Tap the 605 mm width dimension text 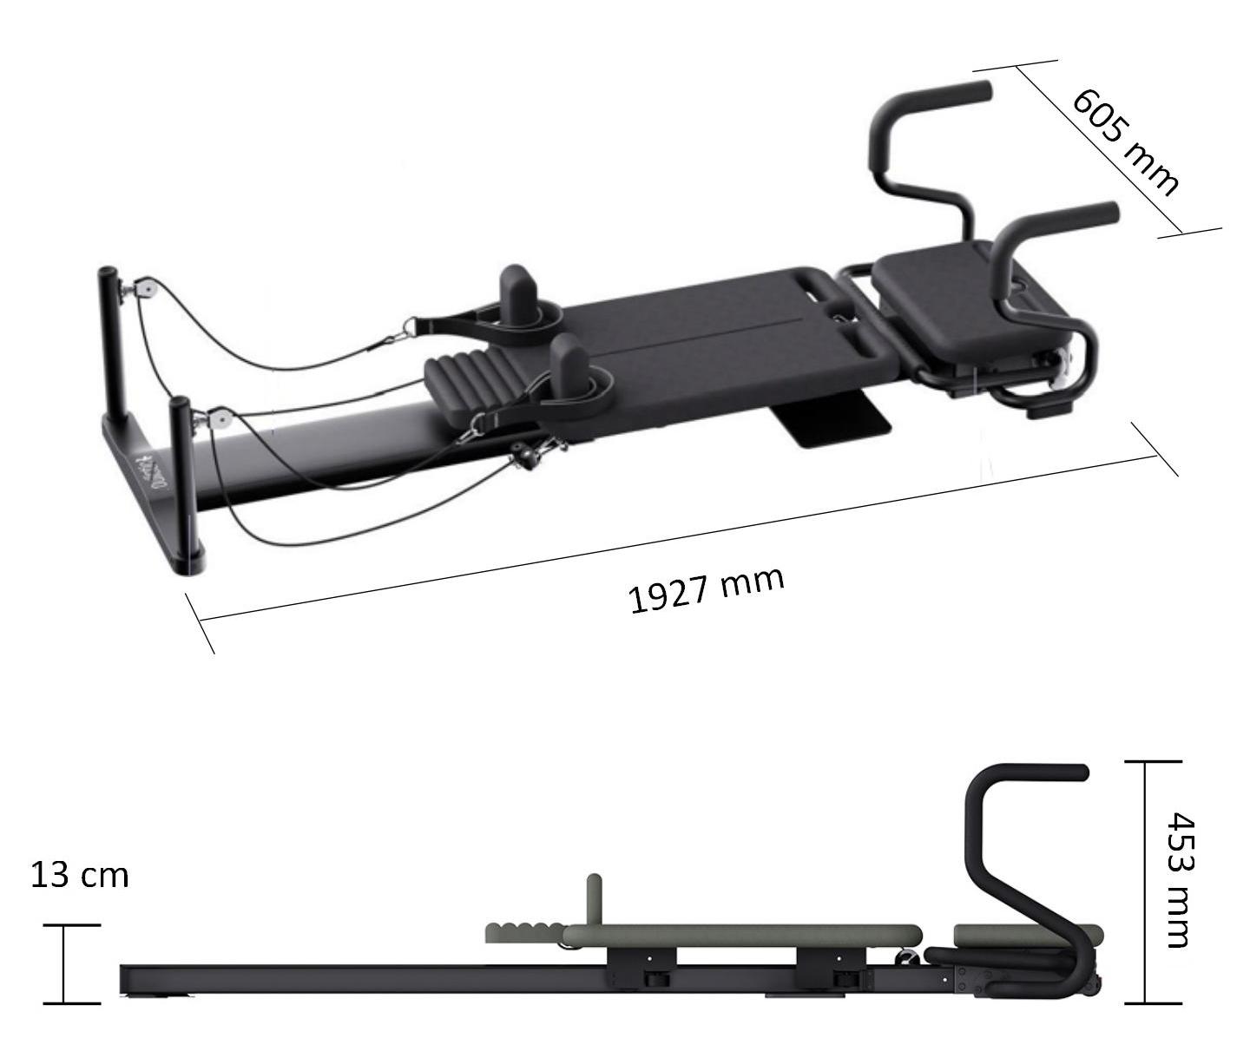click(1124, 142)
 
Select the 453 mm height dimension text click(1181, 880)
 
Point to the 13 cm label click(79, 876)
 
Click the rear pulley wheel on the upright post click(144, 288)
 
